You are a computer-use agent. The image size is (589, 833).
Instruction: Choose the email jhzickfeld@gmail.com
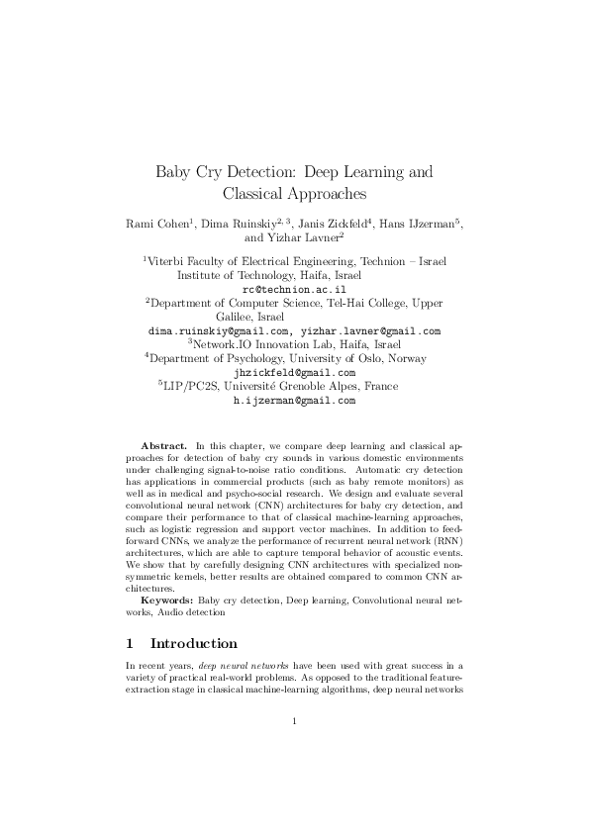pos(294,373)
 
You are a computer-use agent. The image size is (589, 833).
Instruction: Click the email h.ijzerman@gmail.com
pos(294,402)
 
